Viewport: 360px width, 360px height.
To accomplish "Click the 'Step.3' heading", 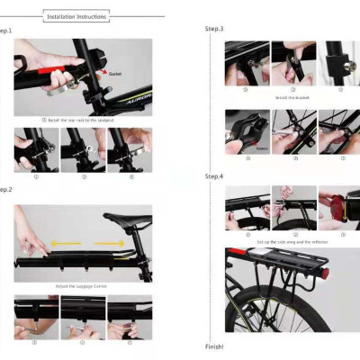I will [x=214, y=30].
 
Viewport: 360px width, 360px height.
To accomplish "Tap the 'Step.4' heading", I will [x=214, y=176].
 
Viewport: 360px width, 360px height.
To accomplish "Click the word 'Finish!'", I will [x=214, y=346].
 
